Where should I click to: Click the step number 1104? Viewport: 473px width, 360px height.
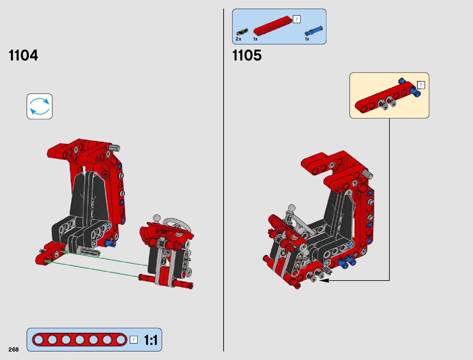(23, 55)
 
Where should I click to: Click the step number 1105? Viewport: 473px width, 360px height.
(247, 55)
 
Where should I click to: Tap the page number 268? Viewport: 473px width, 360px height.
(14, 349)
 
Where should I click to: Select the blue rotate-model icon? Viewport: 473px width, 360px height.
(39, 106)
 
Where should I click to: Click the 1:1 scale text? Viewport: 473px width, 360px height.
(151, 340)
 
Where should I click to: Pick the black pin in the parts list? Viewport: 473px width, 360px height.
(242, 32)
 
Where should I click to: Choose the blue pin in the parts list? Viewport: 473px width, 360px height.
(314, 31)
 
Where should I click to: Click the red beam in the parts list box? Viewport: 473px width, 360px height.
(273, 26)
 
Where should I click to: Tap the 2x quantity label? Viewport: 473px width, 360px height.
(238, 39)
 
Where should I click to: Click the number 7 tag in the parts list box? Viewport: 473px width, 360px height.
(297, 19)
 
